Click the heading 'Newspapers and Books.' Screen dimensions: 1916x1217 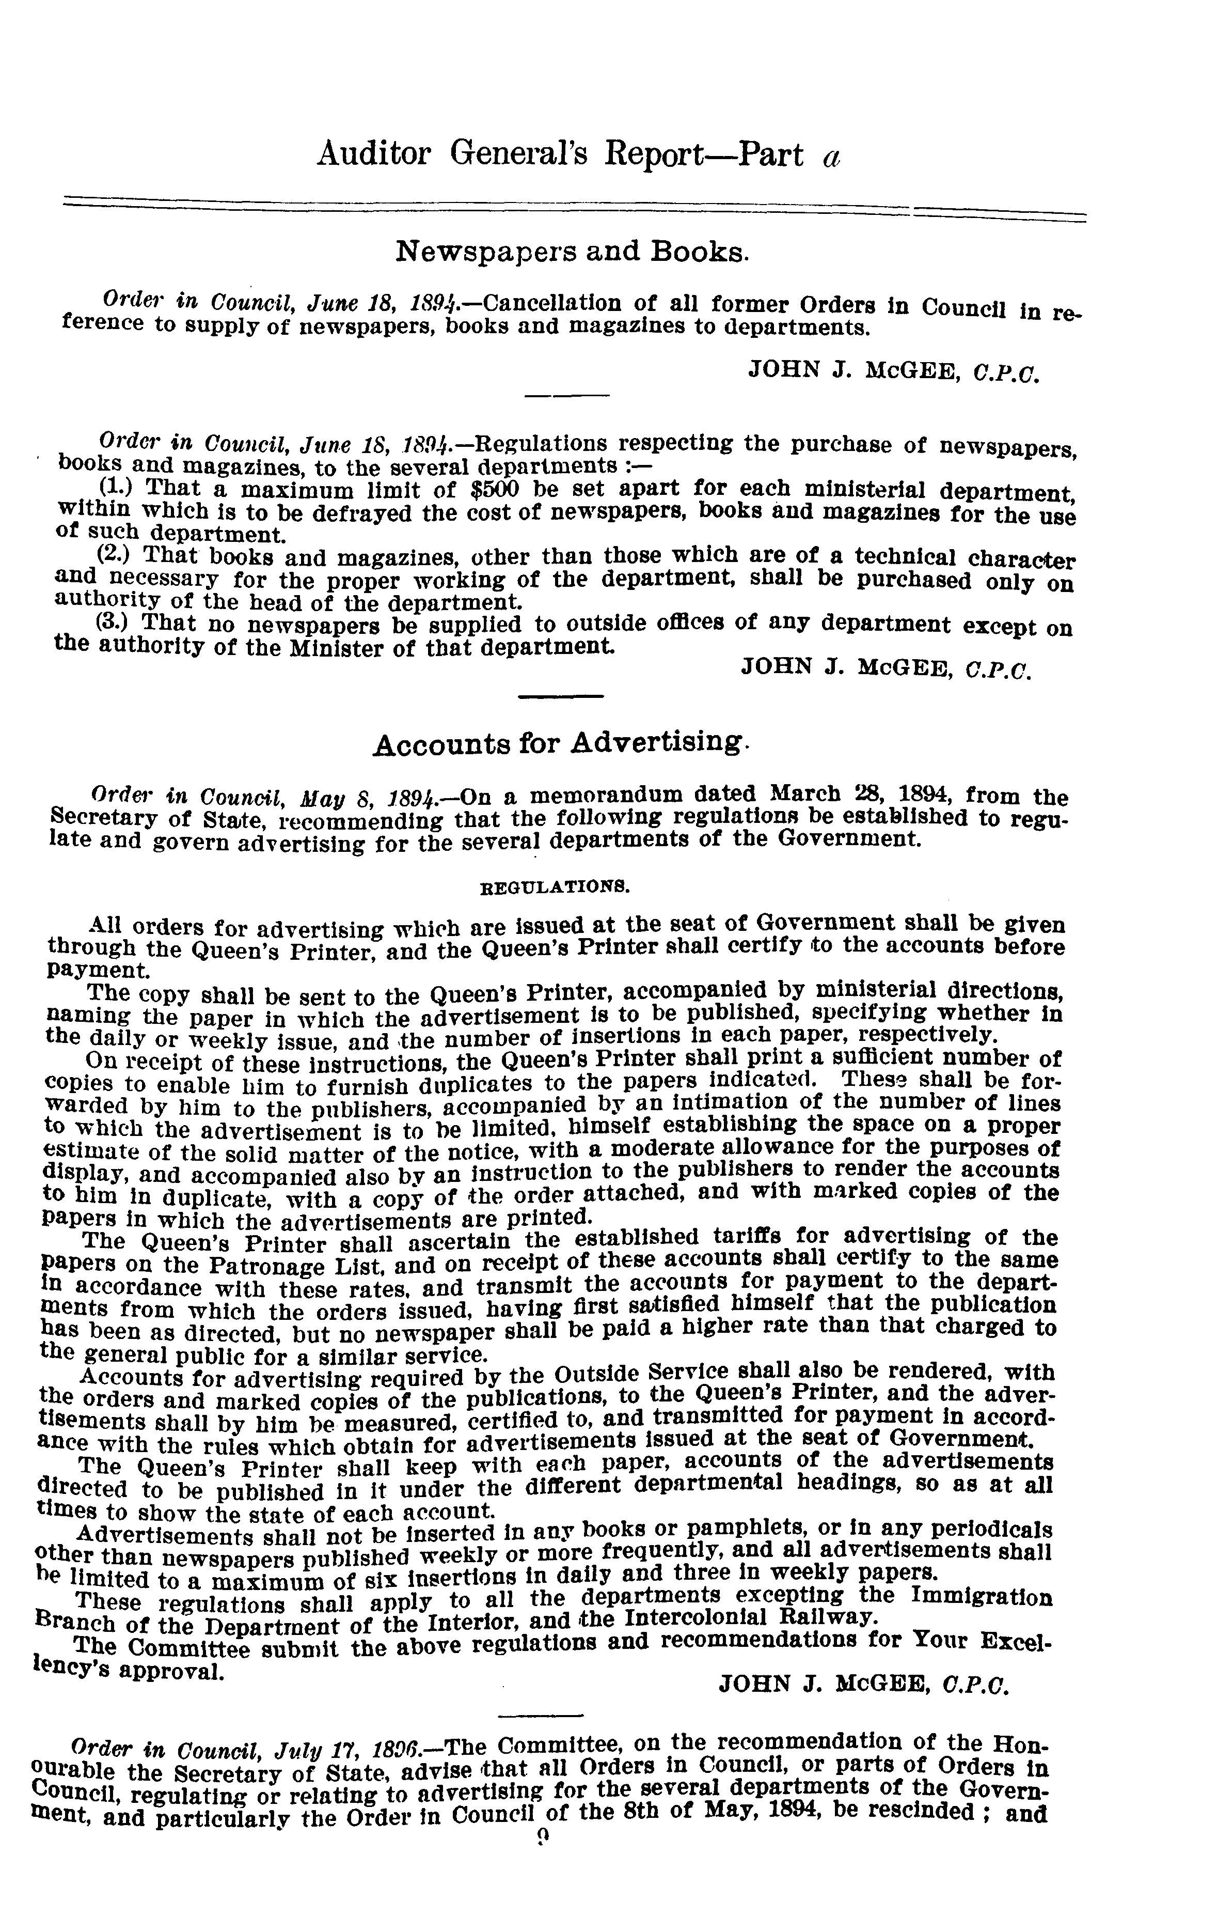(572, 252)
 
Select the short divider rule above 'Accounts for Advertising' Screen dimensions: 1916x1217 (560, 698)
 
